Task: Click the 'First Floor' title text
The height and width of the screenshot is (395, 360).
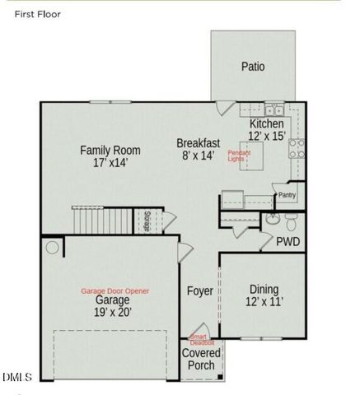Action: tap(37, 14)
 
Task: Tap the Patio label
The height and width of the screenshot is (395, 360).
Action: tap(253, 67)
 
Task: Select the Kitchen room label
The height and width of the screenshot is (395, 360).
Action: tap(266, 123)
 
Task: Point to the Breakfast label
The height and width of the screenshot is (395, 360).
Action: tap(199, 143)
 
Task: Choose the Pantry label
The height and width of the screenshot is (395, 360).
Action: tap(287, 195)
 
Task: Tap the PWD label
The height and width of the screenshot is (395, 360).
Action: tap(288, 242)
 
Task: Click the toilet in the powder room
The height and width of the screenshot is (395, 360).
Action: tap(290, 221)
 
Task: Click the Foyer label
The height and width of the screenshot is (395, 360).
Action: tap(199, 291)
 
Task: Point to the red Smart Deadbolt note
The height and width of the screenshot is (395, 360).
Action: tap(202, 339)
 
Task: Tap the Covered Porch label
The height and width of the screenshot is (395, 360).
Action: tap(201, 360)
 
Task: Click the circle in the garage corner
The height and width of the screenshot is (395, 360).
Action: tap(54, 248)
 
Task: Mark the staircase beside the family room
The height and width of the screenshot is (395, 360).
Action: tap(101, 220)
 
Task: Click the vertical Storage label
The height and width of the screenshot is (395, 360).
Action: tap(147, 221)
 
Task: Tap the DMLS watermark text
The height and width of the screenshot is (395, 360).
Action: tap(16, 378)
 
